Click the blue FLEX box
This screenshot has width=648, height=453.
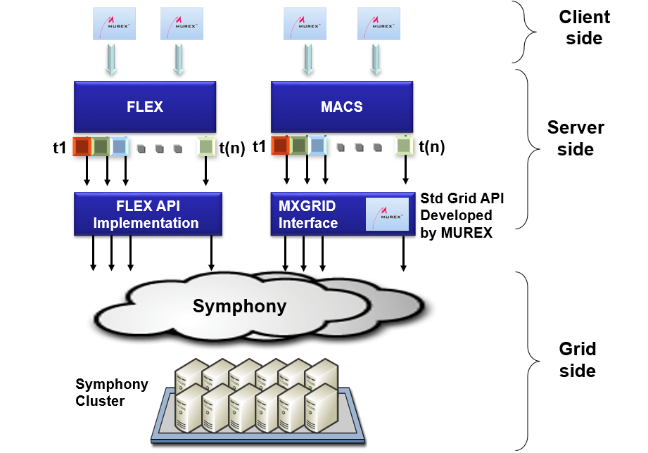click(146, 107)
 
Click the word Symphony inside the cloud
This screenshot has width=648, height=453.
click(239, 306)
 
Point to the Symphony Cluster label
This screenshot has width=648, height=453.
click(111, 393)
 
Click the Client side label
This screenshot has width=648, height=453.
click(584, 27)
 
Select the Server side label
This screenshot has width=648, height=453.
click(575, 139)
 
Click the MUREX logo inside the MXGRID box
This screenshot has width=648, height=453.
click(386, 215)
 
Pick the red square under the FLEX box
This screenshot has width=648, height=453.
click(82, 146)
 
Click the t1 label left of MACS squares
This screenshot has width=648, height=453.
click(259, 147)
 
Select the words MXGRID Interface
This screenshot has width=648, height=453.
click(309, 214)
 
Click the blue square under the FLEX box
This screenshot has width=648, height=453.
click(119, 146)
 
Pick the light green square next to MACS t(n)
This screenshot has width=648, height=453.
click(404, 146)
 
